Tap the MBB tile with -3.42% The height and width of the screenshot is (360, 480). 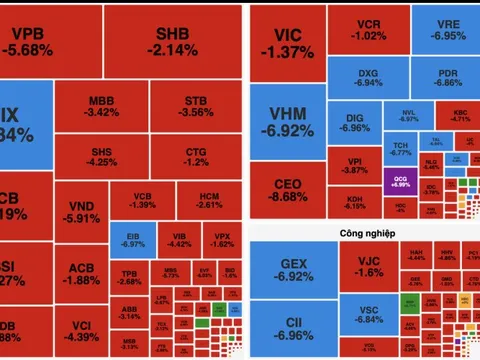(102, 107)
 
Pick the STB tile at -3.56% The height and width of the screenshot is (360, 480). (196, 107)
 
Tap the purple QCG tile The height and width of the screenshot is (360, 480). (397, 181)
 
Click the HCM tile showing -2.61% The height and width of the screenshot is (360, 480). (210, 199)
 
